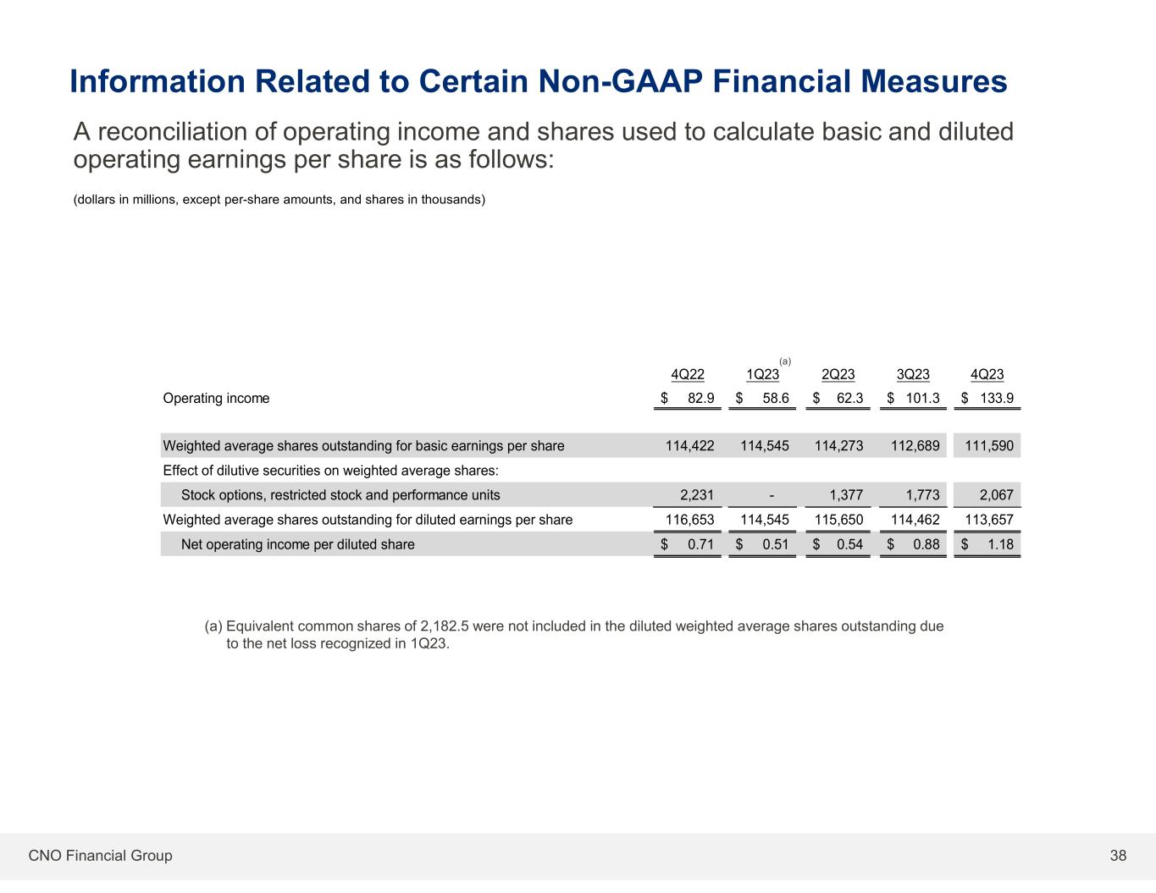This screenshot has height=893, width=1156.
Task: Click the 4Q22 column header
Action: click(687, 375)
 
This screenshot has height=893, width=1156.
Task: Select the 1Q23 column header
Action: click(762, 375)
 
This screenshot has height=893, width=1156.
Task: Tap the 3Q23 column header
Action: click(913, 375)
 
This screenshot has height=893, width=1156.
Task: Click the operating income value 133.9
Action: click(997, 399)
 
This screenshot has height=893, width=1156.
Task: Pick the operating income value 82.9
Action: click(700, 399)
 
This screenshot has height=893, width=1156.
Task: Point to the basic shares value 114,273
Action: click(838, 446)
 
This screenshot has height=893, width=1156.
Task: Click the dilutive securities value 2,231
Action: click(697, 495)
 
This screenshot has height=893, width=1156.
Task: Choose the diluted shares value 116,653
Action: click(689, 520)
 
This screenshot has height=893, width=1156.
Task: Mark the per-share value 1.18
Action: click(1000, 544)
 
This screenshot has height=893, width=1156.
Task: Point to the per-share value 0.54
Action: click(849, 544)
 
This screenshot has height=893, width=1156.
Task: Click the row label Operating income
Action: click(216, 399)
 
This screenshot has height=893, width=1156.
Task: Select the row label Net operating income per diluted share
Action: click(298, 544)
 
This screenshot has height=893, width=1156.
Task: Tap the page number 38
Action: click(1118, 856)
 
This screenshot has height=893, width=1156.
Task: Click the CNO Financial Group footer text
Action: click(100, 856)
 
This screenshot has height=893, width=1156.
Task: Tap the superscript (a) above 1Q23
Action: click(785, 361)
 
